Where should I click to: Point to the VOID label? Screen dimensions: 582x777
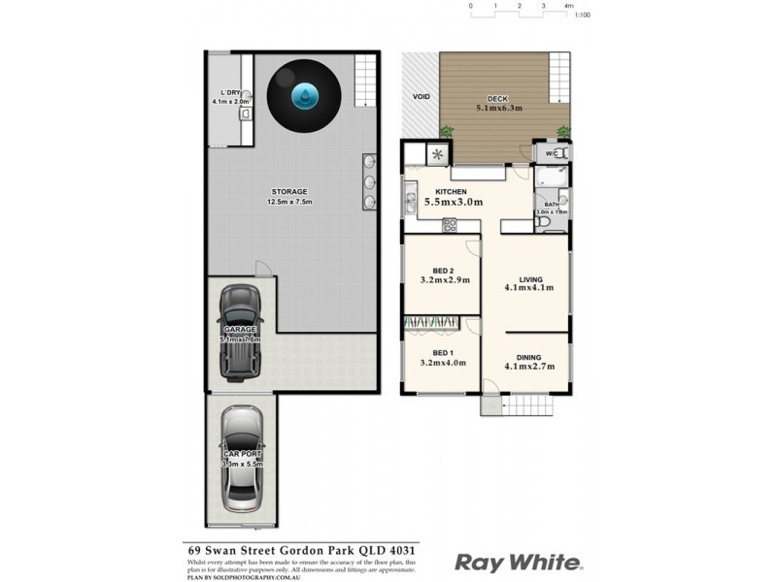pyautogui.click(x=422, y=97)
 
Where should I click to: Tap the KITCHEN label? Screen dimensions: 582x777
pyautogui.click(x=453, y=191)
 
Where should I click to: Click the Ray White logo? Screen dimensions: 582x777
pyautogui.click(x=519, y=562)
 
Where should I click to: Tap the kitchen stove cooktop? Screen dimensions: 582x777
pyautogui.click(x=450, y=227)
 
